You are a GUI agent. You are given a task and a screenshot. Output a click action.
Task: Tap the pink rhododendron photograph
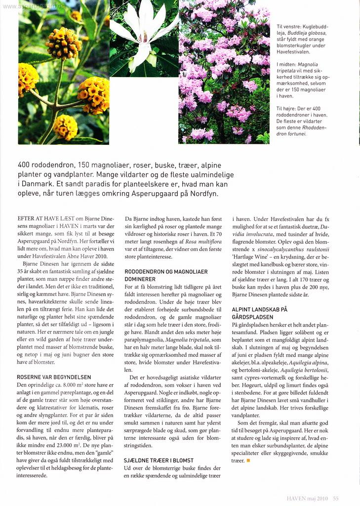[x=224, y=74]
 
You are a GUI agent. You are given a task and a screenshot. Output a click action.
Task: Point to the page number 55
[x=335, y=499]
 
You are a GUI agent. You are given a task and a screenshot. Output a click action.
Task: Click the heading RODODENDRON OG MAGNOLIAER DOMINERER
[x=165, y=276]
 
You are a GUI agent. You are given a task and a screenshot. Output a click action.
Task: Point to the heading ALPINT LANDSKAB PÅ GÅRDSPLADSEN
[x=260, y=313]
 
